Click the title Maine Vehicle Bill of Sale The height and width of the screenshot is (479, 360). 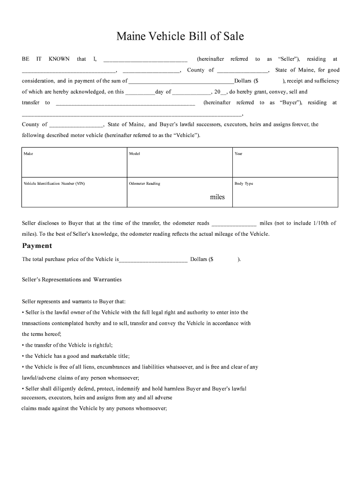(180, 36)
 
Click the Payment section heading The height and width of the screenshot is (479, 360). (37, 246)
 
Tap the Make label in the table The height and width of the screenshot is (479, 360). (29, 154)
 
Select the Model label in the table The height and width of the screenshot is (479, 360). (134, 154)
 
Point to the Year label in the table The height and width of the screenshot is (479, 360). (238, 154)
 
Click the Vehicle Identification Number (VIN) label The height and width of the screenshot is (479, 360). (54, 184)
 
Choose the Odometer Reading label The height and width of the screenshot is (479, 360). (144, 184)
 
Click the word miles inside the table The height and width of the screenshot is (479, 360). (217, 197)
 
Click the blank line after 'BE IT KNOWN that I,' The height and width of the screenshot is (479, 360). (145, 60)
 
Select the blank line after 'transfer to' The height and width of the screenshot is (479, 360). (125, 103)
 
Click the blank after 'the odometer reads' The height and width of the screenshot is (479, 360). (234, 224)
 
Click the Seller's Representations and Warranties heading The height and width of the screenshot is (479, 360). (72, 280)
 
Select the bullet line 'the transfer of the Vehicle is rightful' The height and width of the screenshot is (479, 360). (67, 345)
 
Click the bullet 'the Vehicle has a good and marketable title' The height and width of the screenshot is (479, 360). (76, 356)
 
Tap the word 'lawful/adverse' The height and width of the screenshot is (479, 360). (39, 378)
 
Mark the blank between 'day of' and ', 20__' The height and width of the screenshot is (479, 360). (192, 93)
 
